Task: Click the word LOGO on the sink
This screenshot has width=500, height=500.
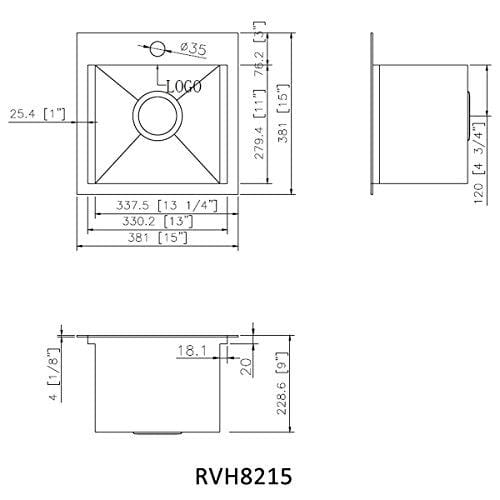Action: point(181,87)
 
